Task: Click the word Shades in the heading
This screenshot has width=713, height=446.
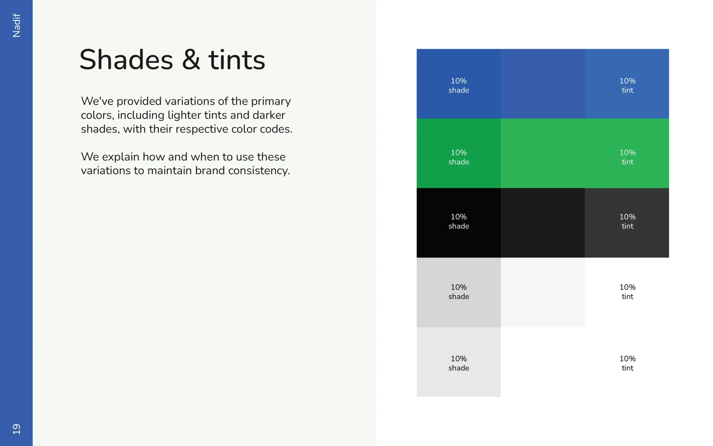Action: point(126,60)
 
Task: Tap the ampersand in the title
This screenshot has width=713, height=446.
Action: point(191,60)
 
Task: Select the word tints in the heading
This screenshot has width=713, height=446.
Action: point(236,60)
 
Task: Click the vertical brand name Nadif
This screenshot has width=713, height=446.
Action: point(16,25)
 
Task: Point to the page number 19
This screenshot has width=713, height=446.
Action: point(16,429)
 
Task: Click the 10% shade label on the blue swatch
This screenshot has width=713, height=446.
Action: point(459,85)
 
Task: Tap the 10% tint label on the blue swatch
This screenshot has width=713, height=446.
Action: point(627,85)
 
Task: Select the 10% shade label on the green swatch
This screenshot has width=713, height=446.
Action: point(459,157)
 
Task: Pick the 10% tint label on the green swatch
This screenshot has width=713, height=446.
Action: point(627,157)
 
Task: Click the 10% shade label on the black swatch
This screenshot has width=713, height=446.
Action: point(459,221)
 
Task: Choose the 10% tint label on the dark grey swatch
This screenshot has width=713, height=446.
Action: point(627,221)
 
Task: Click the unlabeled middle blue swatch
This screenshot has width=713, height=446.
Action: point(543,84)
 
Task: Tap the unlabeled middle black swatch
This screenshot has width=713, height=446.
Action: point(543,223)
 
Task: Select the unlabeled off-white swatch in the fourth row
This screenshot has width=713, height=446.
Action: point(543,292)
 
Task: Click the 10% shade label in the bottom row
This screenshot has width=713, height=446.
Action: point(459,363)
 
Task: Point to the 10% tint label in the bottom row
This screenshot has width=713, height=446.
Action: point(627,363)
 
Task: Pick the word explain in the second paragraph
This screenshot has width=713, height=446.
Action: point(121,157)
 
